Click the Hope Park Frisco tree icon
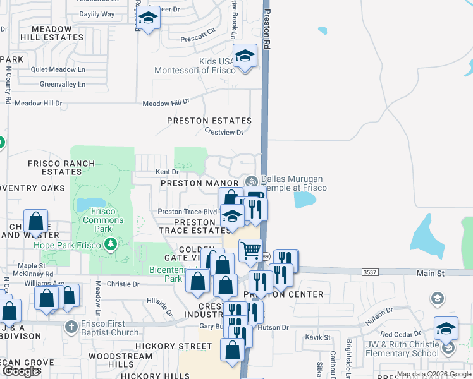pyautogui.click(x=111, y=244)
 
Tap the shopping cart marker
pyautogui.click(x=251, y=250)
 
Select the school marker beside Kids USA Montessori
pyautogui.click(x=245, y=56)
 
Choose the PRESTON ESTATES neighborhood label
pyautogui.click(x=209, y=120)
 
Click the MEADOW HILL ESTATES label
pyautogui.click(x=52, y=33)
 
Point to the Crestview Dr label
pyautogui.click(x=224, y=132)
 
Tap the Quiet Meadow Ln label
pyautogui.click(x=58, y=69)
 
